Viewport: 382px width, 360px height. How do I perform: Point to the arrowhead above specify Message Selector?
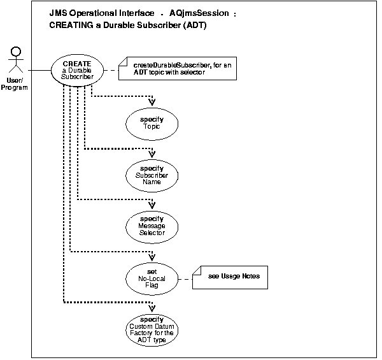(x=152, y=205)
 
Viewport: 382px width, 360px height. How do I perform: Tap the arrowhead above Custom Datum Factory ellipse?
(x=152, y=308)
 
